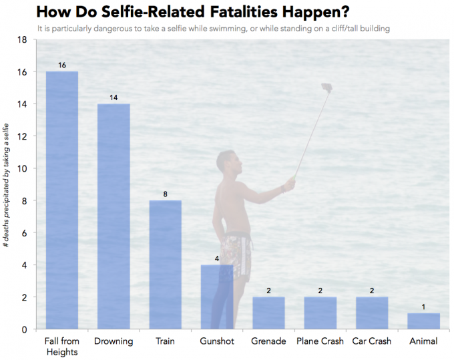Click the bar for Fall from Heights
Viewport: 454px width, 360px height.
[x=61, y=200]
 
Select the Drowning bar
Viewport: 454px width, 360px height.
[x=113, y=216]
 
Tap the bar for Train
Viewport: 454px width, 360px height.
[x=165, y=264]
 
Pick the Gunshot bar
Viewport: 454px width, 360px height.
[x=217, y=297]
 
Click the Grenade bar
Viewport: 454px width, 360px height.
[x=268, y=313]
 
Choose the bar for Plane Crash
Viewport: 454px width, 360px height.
[x=320, y=313]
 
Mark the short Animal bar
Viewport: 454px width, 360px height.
[x=424, y=321]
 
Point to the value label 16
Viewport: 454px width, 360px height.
[x=61, y=65]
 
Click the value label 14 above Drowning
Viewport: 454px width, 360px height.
[x=113, y=98]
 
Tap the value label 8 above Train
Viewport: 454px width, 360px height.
[x=165, y=194]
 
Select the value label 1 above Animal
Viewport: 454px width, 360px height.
[x=424, y=307]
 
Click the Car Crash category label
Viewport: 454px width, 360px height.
[x=372, y=341]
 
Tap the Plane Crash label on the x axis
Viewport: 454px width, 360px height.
[x=320, y=341]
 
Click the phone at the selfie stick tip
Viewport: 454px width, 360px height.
[x=326, y=87]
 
